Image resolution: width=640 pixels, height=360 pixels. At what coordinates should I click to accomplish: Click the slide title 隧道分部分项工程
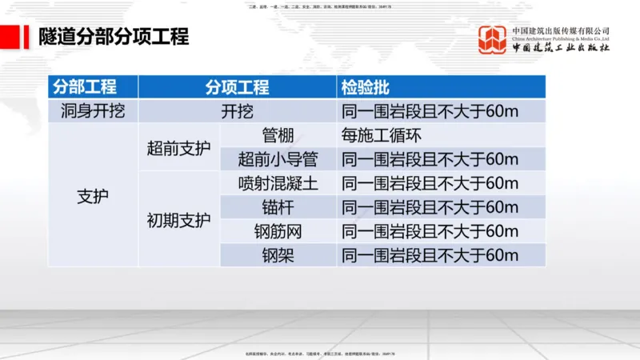(114, 37)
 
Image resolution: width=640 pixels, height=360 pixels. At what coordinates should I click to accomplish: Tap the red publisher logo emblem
(493, 39)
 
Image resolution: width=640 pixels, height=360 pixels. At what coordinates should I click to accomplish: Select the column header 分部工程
(85, 87)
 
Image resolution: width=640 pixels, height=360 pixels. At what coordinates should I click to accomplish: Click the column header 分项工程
(237, 87)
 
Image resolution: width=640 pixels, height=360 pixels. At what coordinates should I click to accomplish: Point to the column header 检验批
(366, 87)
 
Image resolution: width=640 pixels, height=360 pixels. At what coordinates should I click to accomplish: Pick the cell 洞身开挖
(93, 111)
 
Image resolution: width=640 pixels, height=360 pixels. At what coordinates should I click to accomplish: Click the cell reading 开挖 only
(237, 111)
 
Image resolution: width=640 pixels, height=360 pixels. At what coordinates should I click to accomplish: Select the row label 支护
(93, 196)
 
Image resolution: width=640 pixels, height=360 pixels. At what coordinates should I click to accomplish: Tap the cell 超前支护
(178, 147)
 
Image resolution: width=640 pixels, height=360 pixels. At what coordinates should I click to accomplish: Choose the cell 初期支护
(178, 219)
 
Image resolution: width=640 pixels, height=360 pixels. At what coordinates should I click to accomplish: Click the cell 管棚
(278, 134)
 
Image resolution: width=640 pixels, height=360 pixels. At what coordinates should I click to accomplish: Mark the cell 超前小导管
(278, 158)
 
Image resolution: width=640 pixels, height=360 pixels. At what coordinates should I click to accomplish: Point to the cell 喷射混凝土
(278, 183)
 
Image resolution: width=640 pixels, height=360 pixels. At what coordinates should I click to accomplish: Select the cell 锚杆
(278, 207)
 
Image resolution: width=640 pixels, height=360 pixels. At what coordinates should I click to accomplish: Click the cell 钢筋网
(278, 231)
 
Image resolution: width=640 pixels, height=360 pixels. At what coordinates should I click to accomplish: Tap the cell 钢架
(278, 255)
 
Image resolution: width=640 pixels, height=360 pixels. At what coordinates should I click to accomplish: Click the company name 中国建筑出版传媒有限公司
(561, 31)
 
